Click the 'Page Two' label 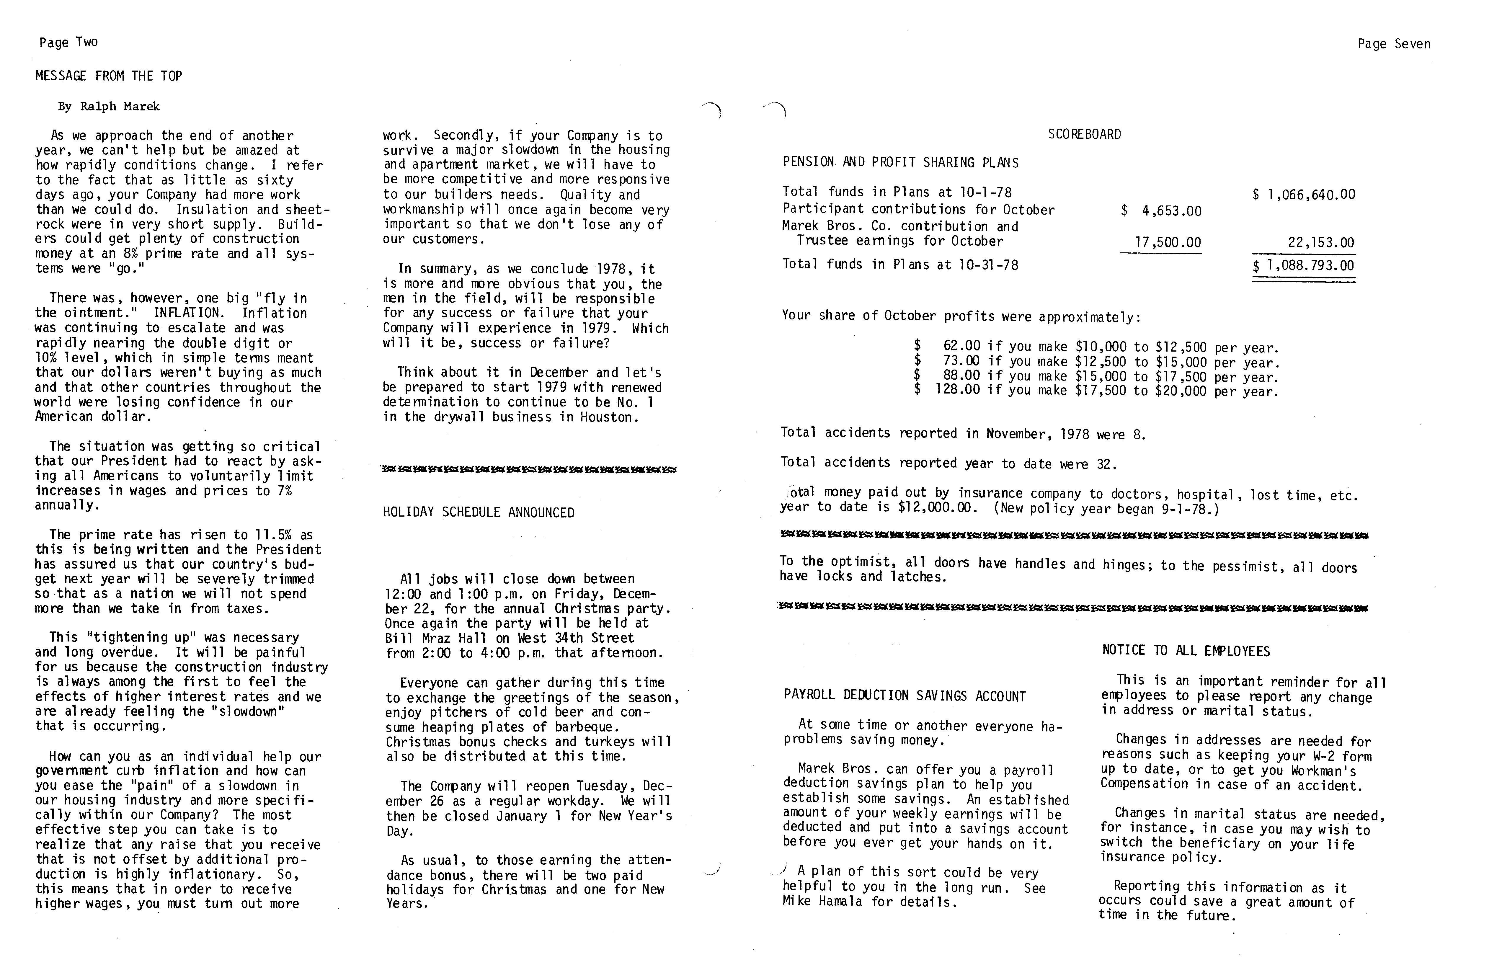(x=68, y=42)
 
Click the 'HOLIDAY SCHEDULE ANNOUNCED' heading (x=478, y=512)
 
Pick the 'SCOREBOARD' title (x=1084, y=134)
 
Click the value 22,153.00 (x=1321, y=242)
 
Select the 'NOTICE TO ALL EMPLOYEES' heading (x=1186, y=651)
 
